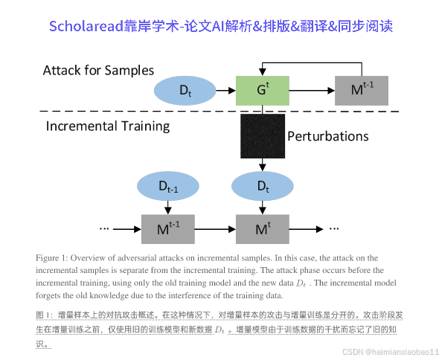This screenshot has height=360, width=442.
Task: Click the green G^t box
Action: pyautogui.click(x=263, y=90)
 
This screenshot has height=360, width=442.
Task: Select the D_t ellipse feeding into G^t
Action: pyautogui.click(x=184, y=90)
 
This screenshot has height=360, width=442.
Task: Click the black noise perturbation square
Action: pyautogui.click(x=263, y=136)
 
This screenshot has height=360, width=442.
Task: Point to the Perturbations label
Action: pyautogui.click(x=327, y=136)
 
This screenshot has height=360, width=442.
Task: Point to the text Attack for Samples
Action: pyautogui.click(x=98, y=71)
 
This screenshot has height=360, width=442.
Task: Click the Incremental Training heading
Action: pyautogui.click(x=107, y=126)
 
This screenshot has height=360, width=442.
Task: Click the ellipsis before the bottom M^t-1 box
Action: pyautogui.click(x=105, y=228)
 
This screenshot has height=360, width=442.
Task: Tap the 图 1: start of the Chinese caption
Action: pyautogui.click(x=44, y=315)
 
